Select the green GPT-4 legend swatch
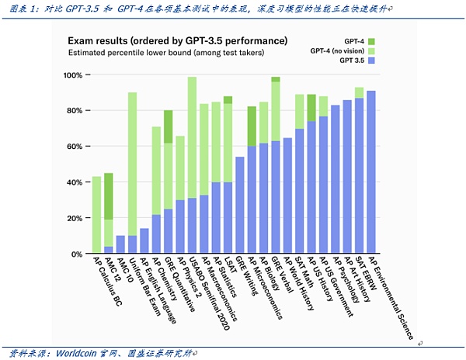coord(371,40)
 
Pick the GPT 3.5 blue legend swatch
coord(371,60)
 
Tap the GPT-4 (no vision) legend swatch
coord(371,50)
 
